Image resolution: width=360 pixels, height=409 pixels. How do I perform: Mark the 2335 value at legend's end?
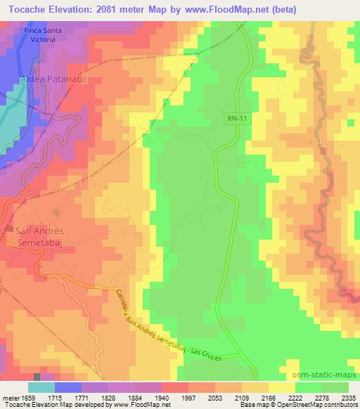347,399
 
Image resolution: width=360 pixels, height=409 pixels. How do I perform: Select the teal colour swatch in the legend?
41,387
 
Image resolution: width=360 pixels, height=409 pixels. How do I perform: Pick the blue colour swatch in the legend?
67,387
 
